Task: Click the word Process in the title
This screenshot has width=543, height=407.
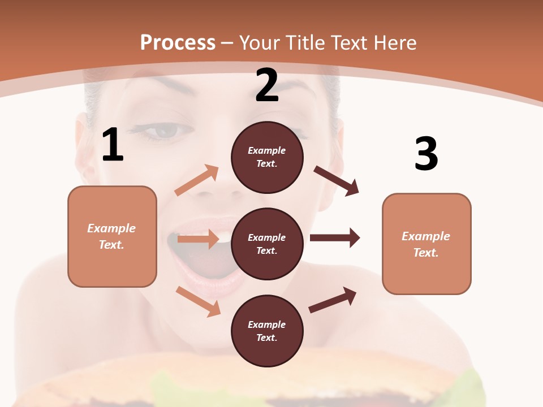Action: coord(178,42)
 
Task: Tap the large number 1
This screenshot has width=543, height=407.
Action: coord(113,145)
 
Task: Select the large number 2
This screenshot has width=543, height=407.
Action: coord(267,85)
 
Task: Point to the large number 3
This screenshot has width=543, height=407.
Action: coord(426,154)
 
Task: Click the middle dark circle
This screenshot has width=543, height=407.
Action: coord(267,244)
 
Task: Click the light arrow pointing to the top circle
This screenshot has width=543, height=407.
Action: coord(197,180)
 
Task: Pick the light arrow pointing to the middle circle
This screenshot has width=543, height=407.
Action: coord(198,239)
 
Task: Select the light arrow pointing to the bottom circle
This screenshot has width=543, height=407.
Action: coord(199,301)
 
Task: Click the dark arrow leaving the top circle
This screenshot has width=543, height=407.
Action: coord(337,181)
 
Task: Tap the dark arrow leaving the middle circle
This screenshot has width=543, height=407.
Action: coord(335,237)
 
